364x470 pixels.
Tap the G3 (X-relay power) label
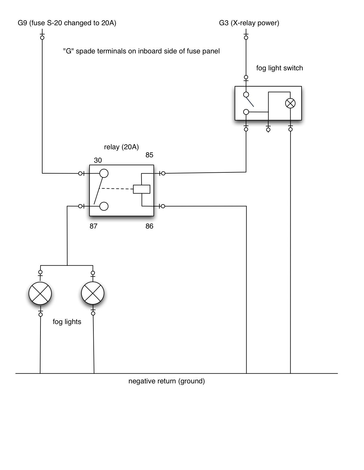[249, 23]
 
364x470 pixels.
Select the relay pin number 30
[98, 161]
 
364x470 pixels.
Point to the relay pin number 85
[149, 155]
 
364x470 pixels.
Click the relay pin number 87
[93, 226]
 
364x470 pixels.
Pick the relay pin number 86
[149, 226]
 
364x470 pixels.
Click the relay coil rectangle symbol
[142, 189]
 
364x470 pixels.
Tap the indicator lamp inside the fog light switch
[290, 103]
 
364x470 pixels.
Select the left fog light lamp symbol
[40, 293]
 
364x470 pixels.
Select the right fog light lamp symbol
[93, 293]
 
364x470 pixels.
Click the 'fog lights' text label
[67, 322]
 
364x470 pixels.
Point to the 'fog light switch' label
[280, 68]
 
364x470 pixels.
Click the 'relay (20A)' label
[121, 147]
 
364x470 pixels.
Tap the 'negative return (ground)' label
[167, 381]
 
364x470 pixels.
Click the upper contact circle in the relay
[104, 173]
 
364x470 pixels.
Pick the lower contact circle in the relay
[104, 206]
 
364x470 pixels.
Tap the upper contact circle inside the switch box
[246, 95]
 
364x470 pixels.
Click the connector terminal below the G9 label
[42, 37]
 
